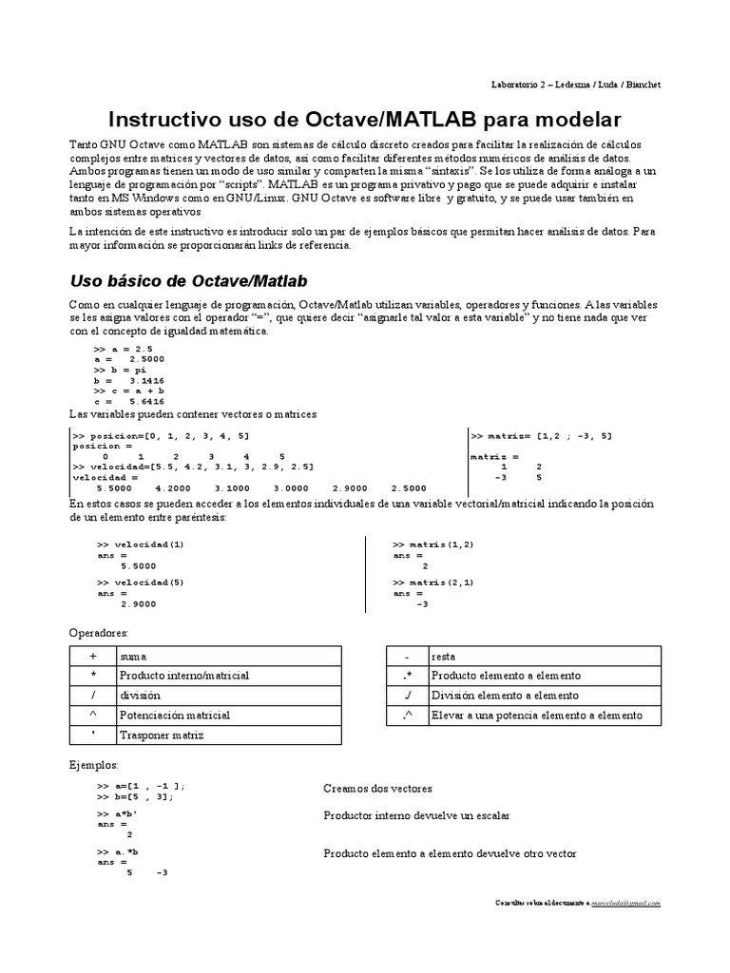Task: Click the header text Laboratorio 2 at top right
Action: tap(524, 85)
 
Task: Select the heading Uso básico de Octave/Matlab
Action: tap(187, 282)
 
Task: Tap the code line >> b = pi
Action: tap(121, 370)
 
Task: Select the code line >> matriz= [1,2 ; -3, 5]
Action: tap(542, 435)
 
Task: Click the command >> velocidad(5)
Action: tap(141, 581)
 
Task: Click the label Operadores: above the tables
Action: tap(99, 632)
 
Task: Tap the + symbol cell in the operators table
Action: tap(92, 656)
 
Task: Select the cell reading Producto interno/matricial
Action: tap(183, 676)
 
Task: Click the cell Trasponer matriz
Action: tap(161, 735)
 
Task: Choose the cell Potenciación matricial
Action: tap(174, 715)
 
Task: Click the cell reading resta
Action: tap(442, 656)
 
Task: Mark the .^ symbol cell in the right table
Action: tap(406, 715)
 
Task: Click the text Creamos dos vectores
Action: tap(377, 789)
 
